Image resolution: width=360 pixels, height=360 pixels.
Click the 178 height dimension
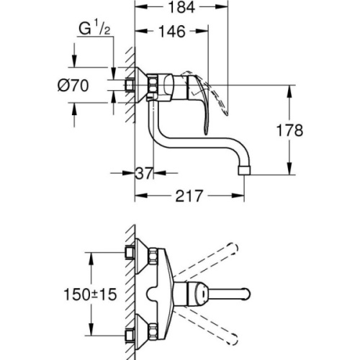289,130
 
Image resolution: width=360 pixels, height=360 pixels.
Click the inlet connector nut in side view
130,84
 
